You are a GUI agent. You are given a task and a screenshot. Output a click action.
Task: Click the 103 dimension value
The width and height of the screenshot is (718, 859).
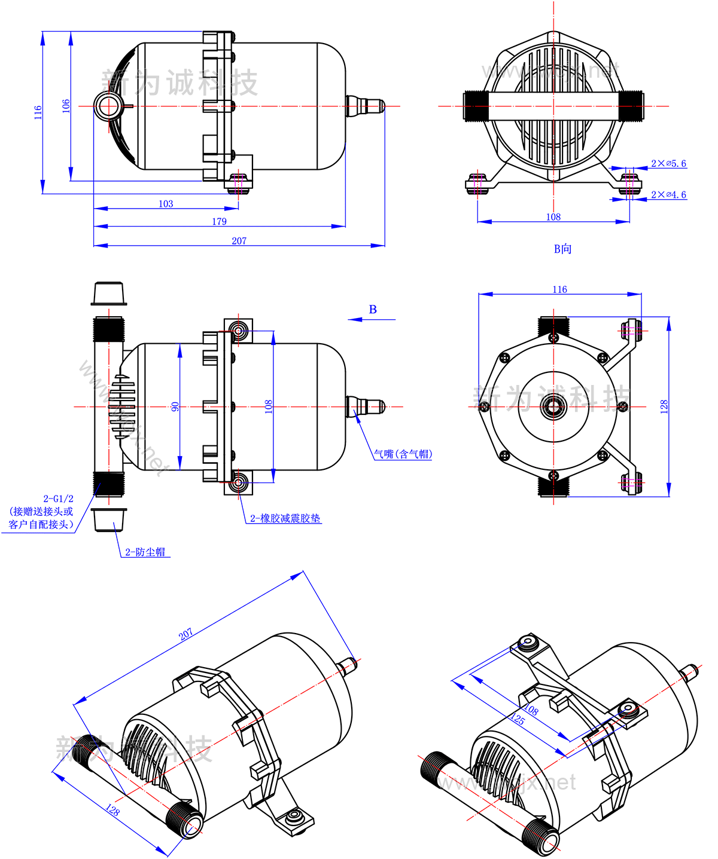coord(166,204)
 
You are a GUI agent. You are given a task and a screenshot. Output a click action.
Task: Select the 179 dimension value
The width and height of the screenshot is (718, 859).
coord(220,222)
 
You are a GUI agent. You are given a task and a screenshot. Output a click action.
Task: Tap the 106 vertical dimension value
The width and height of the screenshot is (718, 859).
coord(66,105)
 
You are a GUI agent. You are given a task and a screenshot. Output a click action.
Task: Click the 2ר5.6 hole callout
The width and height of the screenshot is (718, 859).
coord(668,163)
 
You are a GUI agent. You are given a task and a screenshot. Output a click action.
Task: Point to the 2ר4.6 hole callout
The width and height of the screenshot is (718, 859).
coord(668,195)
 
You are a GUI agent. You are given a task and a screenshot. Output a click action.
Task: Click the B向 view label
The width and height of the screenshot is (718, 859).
coord(562,249)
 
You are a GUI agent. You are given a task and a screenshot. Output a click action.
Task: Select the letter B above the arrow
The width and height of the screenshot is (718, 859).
coord(373,309)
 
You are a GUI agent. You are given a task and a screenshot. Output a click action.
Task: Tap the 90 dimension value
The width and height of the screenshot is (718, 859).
coord(175,406)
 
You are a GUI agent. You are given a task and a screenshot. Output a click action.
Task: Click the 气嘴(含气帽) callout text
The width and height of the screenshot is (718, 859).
coord(403,454)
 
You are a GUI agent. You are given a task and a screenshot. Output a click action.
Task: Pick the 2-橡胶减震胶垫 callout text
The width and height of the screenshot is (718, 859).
coord(285,518)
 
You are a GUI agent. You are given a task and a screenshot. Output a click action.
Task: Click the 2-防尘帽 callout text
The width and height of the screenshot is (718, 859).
coord(145,552)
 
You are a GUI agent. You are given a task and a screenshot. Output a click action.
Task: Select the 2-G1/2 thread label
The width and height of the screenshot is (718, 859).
coord(58,499)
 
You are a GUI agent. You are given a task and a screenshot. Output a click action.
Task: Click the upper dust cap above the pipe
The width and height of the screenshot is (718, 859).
coord(108,293)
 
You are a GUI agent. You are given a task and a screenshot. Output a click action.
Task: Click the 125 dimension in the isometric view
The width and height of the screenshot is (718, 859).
coord(518,719)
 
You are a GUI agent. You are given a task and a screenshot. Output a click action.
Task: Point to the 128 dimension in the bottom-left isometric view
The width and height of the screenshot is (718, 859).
coord(112,811)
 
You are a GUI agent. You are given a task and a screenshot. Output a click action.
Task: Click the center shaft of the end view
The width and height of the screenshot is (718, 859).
coord(553,407)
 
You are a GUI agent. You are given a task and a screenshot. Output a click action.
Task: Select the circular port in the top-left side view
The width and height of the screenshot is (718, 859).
coord(109,106)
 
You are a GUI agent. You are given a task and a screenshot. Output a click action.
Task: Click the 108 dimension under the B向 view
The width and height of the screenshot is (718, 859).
coord(553,217)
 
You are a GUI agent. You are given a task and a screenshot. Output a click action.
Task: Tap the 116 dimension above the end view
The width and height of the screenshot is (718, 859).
coord(559,289)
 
